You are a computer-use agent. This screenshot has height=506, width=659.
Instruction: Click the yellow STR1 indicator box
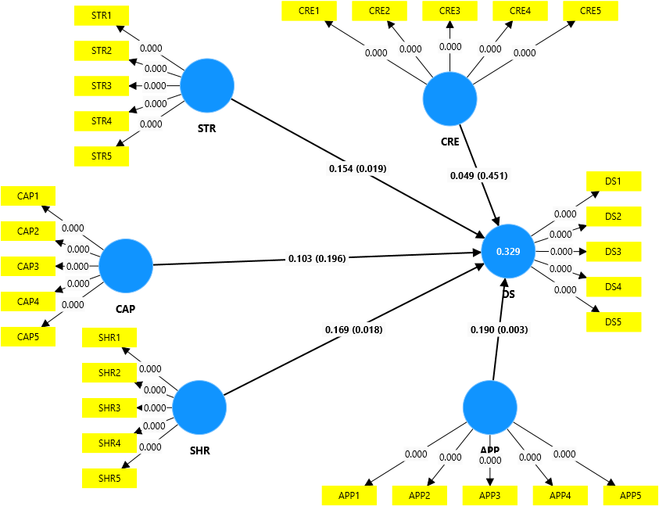102,15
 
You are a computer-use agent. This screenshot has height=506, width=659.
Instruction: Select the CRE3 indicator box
449,11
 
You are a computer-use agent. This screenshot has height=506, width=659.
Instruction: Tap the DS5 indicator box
613,322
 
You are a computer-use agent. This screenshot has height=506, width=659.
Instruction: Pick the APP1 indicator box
349,495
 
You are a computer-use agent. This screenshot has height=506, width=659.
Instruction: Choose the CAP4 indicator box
28,301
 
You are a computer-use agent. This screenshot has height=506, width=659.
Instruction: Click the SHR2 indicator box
109,373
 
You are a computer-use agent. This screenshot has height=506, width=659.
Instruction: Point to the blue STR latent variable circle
207,86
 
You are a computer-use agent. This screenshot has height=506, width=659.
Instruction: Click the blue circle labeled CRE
449,99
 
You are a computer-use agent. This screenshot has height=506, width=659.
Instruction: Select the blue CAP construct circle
126,265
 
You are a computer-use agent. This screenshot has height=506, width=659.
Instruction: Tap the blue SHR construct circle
199,407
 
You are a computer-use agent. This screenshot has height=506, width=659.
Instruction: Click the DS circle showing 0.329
510,251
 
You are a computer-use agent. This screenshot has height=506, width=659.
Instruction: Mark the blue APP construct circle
490,407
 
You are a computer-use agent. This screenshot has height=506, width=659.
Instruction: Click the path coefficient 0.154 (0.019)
358,168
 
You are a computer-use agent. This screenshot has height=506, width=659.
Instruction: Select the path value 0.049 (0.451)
479,175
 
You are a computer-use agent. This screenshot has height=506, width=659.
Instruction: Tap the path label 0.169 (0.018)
353,329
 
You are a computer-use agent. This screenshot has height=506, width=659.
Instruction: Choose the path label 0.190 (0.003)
499,329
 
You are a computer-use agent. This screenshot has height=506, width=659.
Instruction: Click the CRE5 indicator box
590,11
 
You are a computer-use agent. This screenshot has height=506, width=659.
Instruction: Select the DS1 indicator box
613,181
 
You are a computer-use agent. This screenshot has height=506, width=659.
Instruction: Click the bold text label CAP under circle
125,308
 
